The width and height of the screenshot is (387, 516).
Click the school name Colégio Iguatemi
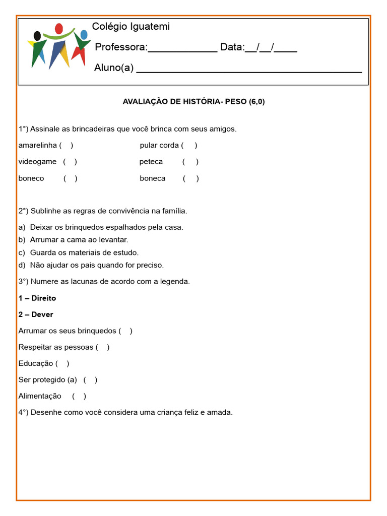[x=131, y=27]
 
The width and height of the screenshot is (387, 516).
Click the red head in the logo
[x=59, y=28]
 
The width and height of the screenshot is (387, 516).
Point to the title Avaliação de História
[x=193, y=101]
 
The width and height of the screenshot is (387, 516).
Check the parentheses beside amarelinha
[x=66, y=146]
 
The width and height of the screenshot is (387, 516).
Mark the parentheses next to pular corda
[x=189, y=146]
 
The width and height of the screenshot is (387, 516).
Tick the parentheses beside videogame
[x=70, y=162]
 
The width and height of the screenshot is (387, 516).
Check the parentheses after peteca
[x=190, y=162]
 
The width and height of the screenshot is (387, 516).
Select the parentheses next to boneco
[x=71, y=178]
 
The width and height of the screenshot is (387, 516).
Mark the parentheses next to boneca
[x=191, y=178]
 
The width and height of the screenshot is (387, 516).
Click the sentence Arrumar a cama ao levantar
[x=79, y=240]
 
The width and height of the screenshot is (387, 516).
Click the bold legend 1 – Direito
[x=37, y=298]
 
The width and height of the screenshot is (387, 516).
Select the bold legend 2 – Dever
[x=36, y=314]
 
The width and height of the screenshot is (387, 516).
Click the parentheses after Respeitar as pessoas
[x=102, y=347]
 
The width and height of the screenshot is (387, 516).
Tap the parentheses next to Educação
[x=62, y=363]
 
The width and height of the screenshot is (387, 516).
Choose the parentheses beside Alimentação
[x=79, y=396]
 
